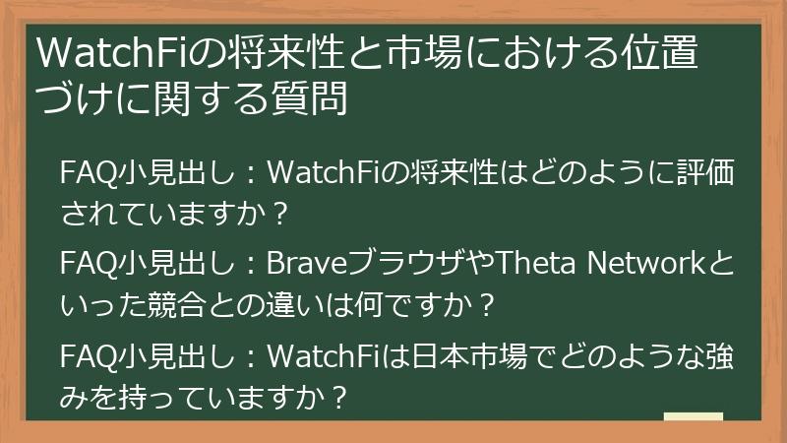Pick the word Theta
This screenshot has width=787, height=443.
[x=522, y=263]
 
